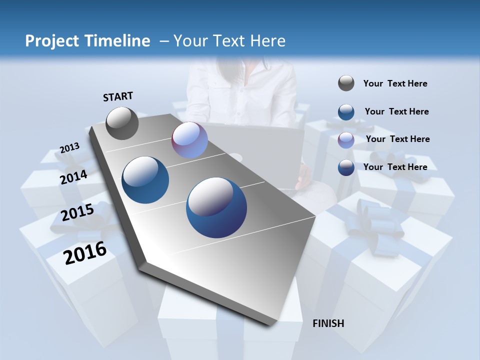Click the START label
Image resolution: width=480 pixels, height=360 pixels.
[x=118, y=96]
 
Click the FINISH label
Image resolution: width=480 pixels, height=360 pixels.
[x=328, y=323]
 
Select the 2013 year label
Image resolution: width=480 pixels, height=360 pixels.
[x=69, y=148]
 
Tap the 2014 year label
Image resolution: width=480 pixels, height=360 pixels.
[x=74, y=177]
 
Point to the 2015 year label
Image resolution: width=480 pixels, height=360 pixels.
[x=77, y=212]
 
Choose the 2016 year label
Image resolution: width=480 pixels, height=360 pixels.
[x=85, y=253]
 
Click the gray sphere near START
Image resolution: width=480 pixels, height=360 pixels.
[x=122, y=123]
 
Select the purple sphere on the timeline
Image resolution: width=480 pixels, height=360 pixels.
[x=189, y=140]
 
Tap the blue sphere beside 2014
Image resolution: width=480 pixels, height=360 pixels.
[x=145, y=180]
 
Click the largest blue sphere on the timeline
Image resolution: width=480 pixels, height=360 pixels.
[x=216, y=207]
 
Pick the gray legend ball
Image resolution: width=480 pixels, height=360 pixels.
[x=346, y=83]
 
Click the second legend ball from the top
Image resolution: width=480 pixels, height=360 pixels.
[x=346, y=112]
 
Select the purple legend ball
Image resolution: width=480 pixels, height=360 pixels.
[x=346, y=139]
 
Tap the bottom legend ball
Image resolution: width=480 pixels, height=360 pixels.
[x=346, y=167]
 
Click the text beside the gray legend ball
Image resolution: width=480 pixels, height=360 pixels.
[x=395, y=84]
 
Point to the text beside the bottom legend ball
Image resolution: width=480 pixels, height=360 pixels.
[x=395, y=167]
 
